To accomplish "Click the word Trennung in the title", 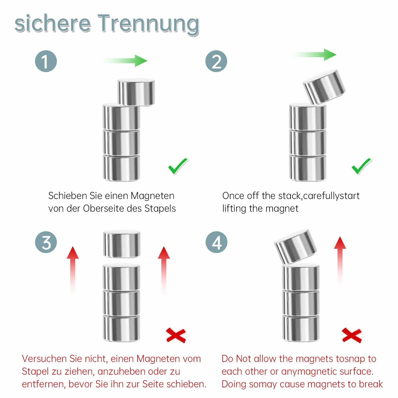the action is click(148, 24).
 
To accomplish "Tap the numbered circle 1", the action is click(46, 61).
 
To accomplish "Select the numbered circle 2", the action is click(216, 61).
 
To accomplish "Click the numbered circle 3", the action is click(46, 242).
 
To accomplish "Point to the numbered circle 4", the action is click(217, 242).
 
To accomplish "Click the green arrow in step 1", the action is click(124, 61).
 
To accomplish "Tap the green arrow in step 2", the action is click(313, 55).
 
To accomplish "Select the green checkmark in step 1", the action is click(178, 166).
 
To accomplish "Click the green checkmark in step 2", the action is click(361, 166).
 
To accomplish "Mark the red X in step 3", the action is click(176, 335).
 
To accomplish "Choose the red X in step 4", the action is click(352, 335).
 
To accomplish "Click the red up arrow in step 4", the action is click(340, 260).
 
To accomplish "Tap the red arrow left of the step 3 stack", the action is click(73, 270).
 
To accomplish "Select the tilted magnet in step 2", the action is click(324, 87).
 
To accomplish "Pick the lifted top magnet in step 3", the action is click(122, 244).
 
